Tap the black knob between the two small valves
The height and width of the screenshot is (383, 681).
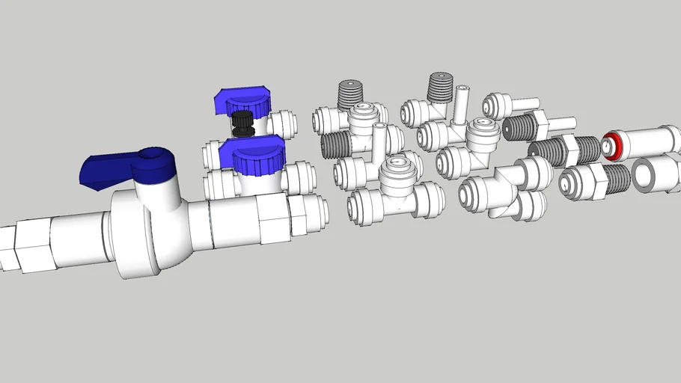tap(242, 123)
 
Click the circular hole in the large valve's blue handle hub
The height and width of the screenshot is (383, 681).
tap(154, 155)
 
